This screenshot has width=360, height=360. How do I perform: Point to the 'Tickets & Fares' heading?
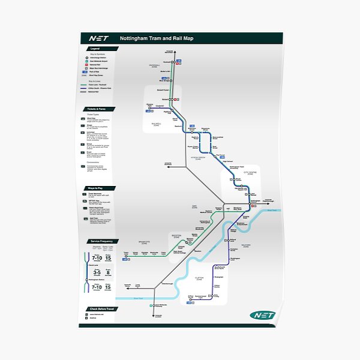pyautogui.click(x=96, y=109)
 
